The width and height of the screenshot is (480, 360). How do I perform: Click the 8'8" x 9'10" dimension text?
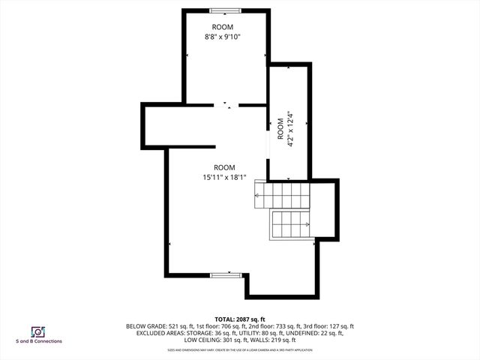(223, 36)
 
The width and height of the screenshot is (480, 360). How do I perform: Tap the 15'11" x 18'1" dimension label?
(224, 177)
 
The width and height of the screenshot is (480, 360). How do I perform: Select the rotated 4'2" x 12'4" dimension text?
(289, 129)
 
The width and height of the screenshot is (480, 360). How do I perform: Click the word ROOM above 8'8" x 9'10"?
(223, 26)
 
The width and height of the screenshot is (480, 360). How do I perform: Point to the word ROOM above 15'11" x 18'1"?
(224, 167)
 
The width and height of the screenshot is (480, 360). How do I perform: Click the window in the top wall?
(225, 10)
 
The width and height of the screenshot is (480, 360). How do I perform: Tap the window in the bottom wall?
(224, 275)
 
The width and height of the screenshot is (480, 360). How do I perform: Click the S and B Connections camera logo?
(37, 331)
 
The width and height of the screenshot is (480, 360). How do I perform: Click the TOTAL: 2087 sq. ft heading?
(240, 319)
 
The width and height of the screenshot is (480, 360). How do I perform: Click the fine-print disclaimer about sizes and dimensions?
(240, 350)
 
